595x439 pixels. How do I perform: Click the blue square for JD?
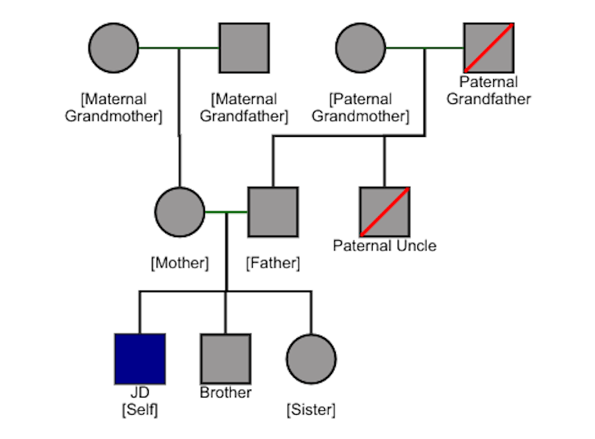pyautogui.click(x=139, y=359)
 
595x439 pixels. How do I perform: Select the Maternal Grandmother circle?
pyautogui.click(x=114, y=49)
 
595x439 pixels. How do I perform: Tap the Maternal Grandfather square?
pyautogui.click(x=243, y=49)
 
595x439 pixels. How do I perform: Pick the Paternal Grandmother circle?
pyautogui.click(x=360, y=49)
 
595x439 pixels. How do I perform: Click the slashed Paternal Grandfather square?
pyautogui.click(x=489, y=49)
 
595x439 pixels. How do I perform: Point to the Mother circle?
pyautogui.click(x=180, y=212)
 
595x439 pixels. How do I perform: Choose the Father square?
pyautogui.click(x=273, y=212)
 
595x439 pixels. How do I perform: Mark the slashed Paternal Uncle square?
pyautogui.click(x=384, y=212)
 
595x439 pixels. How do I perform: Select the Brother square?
pyautogui.click(x=225, y=359)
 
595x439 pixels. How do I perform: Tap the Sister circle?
pyautogui.click(x=311, y=359)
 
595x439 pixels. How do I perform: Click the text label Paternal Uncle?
pyautogui.click(x=384, y=246)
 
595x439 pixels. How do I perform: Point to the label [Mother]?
pyautogui.click(x=180, y=263)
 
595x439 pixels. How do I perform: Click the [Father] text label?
pyautogui.click(x=273, y=263)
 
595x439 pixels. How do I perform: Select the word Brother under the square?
pyautogui.click(x=225, y=393)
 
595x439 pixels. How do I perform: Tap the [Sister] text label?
pyautogui.click(x=311, y=409)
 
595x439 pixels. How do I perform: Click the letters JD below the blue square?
pyautogui.click(x=139, y=393)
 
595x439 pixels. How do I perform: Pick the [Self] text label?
pyautogui.click(x=139, y=409)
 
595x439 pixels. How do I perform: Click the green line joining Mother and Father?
pyautogui.click(x=226, y=212)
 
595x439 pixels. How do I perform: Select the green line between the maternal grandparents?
pyautogui.click(x=178, y=49)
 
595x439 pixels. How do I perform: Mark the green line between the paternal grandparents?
pyautogui.click(x=424, y=49)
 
